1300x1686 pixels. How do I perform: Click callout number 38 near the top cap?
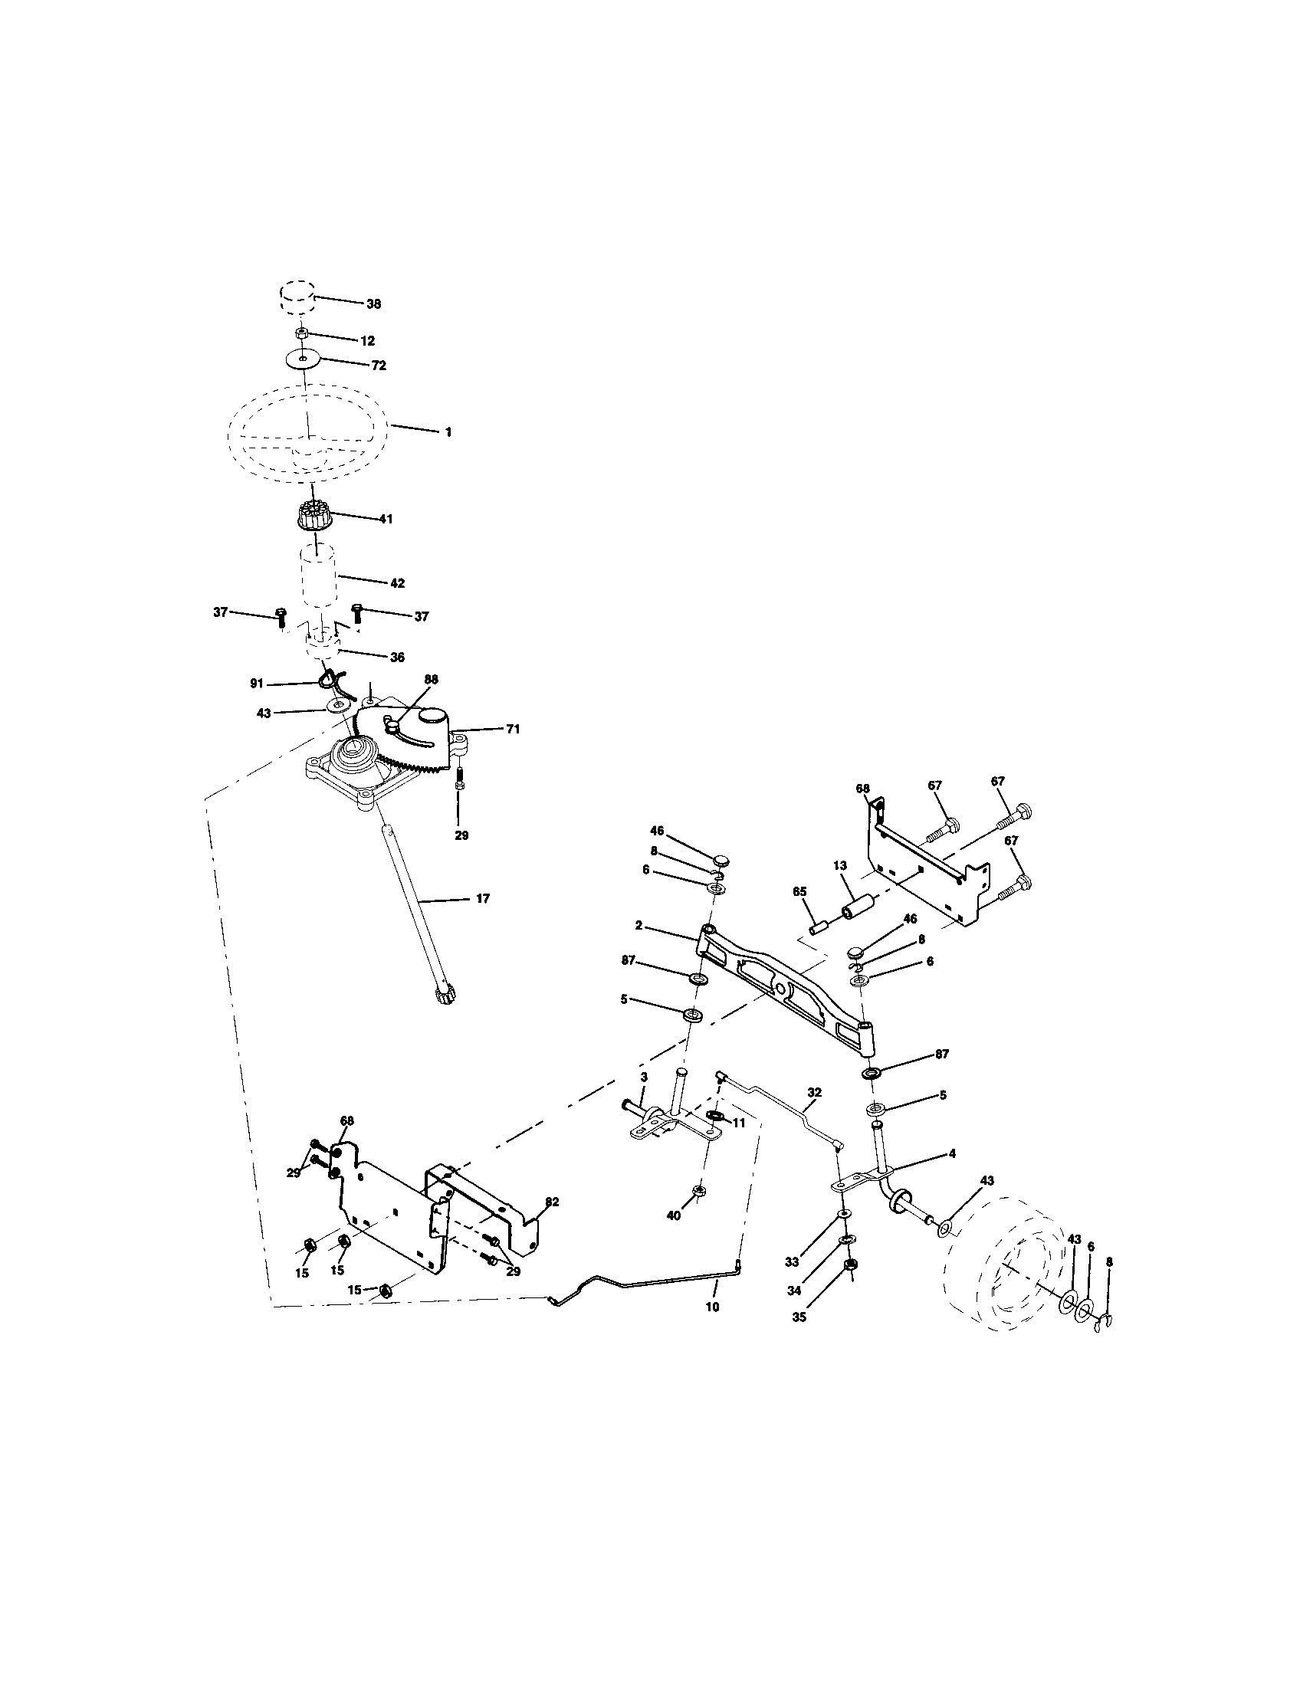373,304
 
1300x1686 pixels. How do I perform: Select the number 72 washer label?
378,365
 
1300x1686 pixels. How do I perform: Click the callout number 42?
396,584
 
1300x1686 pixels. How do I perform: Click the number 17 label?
483,899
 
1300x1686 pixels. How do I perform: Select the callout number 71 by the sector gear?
513,729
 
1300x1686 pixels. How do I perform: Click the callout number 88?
431,679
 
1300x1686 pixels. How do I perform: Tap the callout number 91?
257,683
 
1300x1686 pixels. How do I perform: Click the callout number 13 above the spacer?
840,867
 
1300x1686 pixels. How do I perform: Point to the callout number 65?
799,891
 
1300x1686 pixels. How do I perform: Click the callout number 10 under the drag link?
712,1307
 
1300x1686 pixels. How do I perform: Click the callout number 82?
552,1202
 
